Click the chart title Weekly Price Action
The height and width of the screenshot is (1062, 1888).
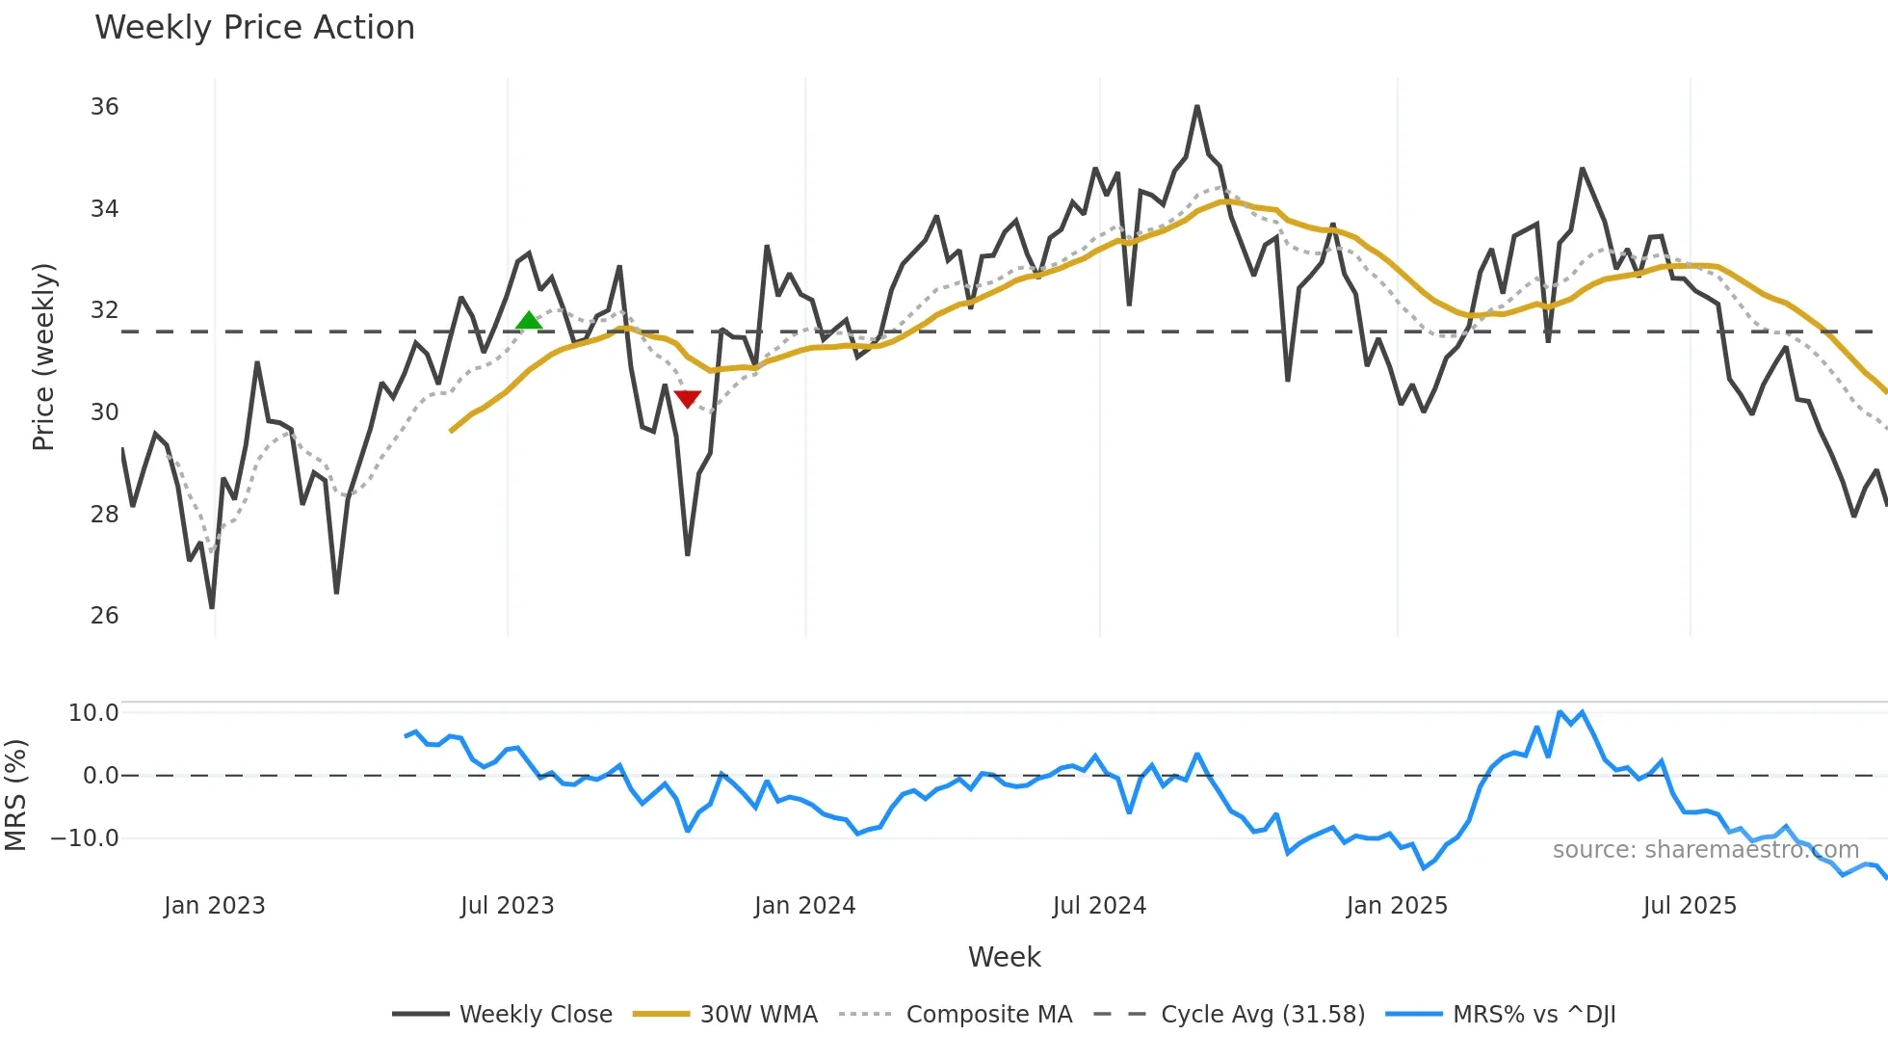254,28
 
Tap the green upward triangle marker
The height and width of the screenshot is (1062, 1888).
529,321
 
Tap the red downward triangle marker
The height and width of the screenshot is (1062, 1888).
687,398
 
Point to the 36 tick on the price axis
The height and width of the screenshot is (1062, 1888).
104,107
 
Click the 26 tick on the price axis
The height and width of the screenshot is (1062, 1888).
104,616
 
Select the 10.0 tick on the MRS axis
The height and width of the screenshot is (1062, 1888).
93,713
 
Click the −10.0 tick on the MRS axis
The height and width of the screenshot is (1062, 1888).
86,838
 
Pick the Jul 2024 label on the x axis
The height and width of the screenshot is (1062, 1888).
1099,906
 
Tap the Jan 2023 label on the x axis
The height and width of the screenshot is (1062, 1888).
214,906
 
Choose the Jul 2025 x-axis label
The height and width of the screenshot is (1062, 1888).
1690,906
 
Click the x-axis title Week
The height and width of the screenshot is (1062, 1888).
1004,957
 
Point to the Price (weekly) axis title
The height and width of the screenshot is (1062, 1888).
43,357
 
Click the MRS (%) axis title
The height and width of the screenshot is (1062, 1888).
15,795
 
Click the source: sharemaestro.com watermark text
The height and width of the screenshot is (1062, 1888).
1705,850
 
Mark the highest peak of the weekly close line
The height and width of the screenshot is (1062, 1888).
1197,107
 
